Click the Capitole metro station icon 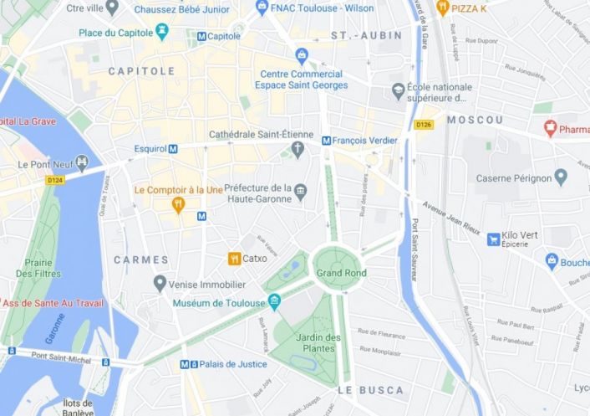201,37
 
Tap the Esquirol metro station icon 173,149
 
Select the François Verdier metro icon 326,141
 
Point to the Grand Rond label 341,273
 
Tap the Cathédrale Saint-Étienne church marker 297,150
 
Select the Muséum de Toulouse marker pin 273,302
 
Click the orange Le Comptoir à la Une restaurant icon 177,203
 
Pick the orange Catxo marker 235,259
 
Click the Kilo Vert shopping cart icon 494,239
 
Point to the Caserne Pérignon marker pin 560,177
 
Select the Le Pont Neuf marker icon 82,163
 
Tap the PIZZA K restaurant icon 443,8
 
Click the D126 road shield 425,125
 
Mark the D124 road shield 55,179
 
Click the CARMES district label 140,260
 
